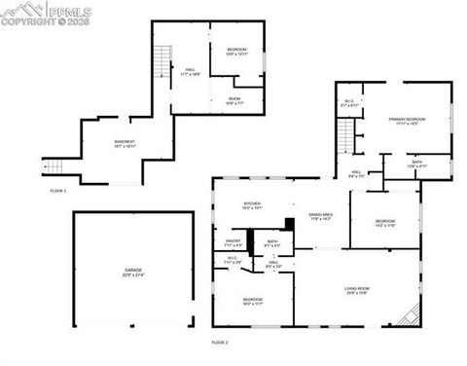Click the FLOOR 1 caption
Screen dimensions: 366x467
click(58, 191)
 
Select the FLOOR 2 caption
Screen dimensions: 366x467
click(220, 343)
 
